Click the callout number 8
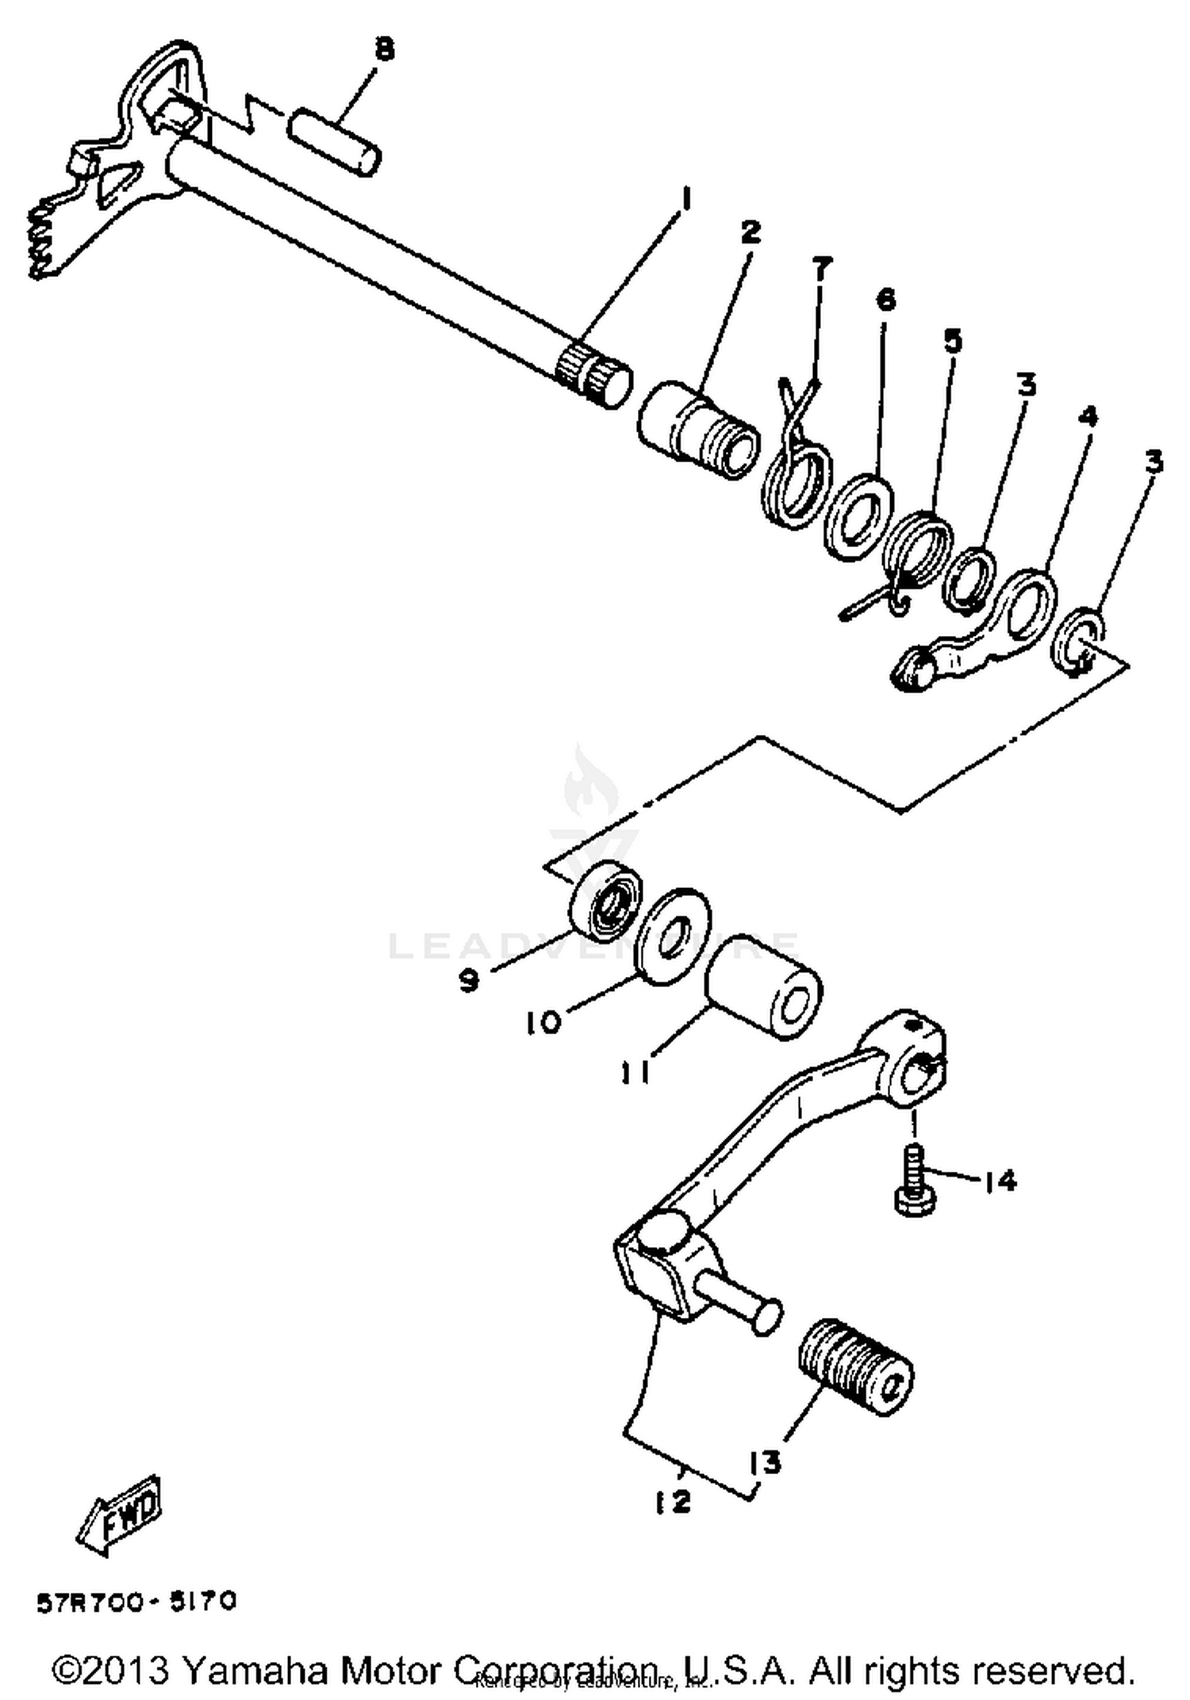[383, 50]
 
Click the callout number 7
[822, 268]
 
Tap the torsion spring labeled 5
[917, 553]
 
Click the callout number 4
[1088, 415]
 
